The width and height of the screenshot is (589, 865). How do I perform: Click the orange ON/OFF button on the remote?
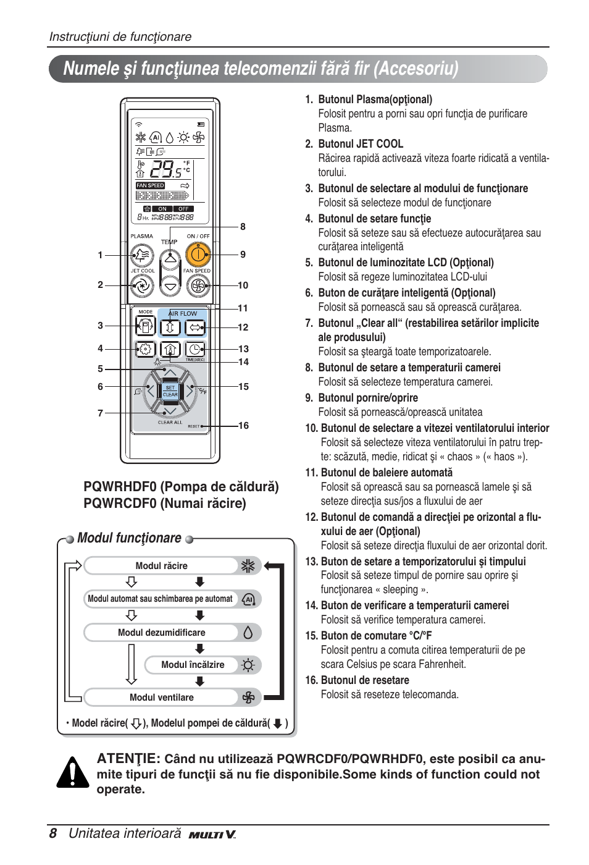(198, 254)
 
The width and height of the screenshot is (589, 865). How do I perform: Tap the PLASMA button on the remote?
(142, 255)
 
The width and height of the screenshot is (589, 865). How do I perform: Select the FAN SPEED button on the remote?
(198, 285)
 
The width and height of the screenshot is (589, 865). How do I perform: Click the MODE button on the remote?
(145, 326)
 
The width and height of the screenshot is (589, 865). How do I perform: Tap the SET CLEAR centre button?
(170, 391)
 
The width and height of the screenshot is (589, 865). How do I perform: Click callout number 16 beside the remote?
(244, 426)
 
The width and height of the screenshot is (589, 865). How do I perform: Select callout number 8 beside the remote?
(243, 227)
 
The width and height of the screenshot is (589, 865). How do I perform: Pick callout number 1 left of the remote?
(100, 255)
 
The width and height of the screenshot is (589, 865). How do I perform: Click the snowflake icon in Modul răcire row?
(248, 566)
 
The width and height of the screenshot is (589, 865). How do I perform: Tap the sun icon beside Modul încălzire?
(248, 665)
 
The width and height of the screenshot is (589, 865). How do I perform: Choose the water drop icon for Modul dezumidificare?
(248, 633)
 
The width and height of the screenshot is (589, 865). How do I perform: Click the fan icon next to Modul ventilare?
(248, 698)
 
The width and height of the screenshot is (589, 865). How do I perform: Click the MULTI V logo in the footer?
(212, 835)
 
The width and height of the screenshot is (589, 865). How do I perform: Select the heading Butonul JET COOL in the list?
(361, 144)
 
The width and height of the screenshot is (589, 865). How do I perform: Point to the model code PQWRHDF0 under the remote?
(120, 487)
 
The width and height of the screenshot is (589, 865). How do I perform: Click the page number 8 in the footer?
(53, 833)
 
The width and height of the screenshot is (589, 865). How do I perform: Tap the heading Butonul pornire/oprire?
(368, 398)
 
